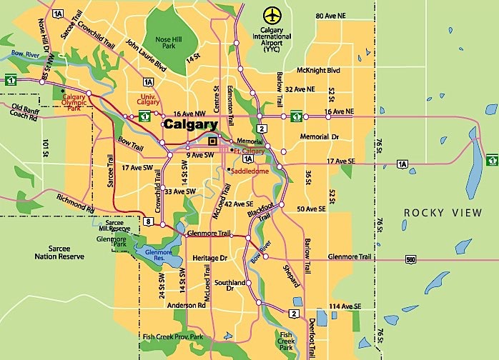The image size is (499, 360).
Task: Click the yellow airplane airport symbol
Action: point(272,14)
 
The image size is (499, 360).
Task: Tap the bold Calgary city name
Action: point(190,124)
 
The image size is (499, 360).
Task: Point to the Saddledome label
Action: point(249,170)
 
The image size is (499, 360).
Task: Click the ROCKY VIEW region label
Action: point(438,213)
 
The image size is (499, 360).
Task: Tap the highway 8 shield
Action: point(148,223)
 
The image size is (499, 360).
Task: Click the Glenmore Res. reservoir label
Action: point(158,256)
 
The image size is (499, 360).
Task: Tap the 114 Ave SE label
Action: point(344,306)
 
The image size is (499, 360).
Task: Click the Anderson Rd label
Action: point(186,305)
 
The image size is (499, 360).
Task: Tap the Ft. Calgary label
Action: point(249,151)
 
